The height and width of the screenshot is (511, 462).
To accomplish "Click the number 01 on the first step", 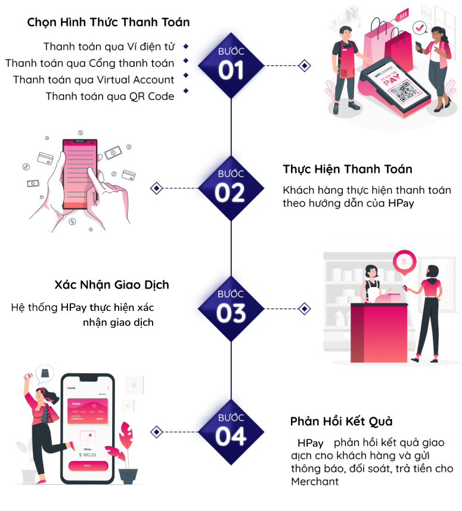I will (x=231, y=71).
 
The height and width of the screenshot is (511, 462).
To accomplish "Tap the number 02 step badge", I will (x=230, y=193).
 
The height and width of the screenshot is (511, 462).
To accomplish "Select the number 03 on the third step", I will (x=231, y=313).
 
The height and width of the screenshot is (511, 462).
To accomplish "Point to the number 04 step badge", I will (x=231, y=437).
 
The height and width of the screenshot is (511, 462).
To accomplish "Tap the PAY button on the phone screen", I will (x=88, y=466).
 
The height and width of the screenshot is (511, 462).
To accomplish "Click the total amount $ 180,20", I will (x=88, y=454).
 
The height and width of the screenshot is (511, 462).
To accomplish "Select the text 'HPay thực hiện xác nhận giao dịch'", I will (x=116, y=315).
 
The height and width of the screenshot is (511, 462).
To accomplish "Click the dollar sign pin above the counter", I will (x=405, y=261).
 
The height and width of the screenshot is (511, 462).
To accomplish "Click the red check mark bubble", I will (x=420, y=28).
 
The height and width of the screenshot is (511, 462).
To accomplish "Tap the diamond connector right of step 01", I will (x=305, y=66).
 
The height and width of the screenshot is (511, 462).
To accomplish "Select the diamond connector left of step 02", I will (x=156, y=188).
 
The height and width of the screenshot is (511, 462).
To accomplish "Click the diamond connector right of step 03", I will (x=305, y=309).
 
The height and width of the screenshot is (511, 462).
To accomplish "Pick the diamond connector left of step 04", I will (x=156, y=432).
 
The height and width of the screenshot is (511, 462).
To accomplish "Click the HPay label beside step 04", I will (x=310, y=444).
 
